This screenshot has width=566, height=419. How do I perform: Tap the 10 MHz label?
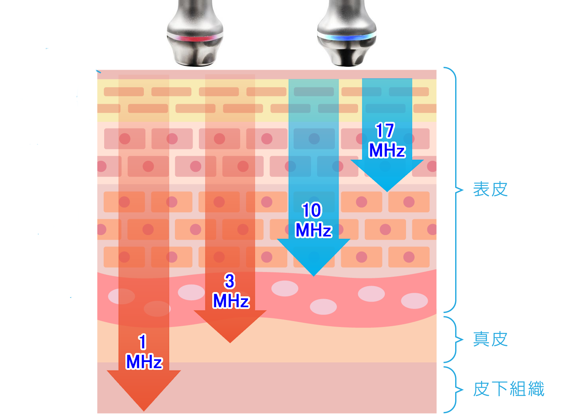(313, 220)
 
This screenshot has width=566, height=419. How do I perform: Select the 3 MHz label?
(231, 291)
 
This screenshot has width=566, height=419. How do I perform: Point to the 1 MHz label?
(144, 352)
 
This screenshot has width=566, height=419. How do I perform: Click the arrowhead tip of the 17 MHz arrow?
(387, 192)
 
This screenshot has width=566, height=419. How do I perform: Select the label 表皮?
(490, 189)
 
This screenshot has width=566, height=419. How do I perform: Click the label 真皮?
(490, 339)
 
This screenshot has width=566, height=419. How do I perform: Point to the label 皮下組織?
(509, 389)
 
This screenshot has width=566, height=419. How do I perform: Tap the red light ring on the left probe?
(195, 38)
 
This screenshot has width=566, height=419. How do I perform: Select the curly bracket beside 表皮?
(454, 190)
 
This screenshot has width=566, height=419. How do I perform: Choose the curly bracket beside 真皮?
(454, 340)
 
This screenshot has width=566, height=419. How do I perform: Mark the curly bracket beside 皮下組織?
(454, 390)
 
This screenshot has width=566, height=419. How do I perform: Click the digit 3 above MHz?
(230, 281)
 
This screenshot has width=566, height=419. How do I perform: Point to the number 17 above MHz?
(385, 130)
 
